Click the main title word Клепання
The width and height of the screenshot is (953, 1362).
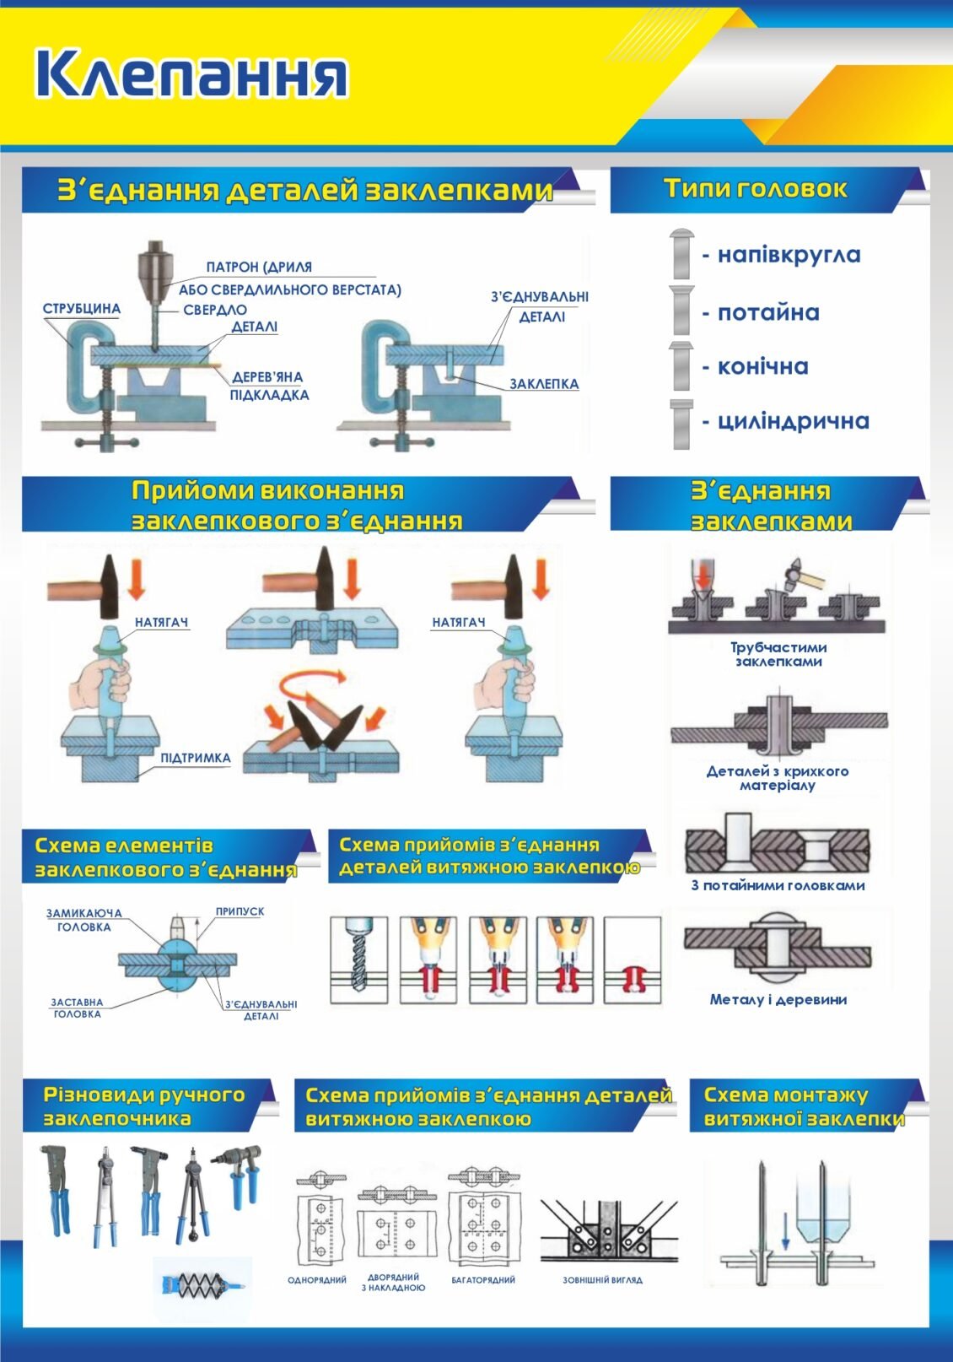coord(191,75)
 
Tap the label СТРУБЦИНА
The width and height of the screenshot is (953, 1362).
coord(82,308)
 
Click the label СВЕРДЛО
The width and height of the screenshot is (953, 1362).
coord(215,310)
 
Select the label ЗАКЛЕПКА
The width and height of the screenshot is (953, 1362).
coord(544,384)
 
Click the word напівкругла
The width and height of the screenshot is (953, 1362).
coord(789,254)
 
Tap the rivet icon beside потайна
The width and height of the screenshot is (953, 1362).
coord(682,310)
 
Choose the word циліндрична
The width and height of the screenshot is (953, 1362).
coord(793,421)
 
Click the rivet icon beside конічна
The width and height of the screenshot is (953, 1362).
coord(681,365)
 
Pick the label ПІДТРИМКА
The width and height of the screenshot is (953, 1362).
coord(196,759)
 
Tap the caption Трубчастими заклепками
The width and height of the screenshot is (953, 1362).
coord(778,654)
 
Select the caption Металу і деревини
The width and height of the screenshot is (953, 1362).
coord(778,1000)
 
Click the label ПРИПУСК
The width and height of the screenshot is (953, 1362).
coord(240,911)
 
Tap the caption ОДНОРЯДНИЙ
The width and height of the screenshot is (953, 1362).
coord(316,1280)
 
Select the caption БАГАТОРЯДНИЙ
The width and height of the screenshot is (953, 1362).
coord(483,1280)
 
